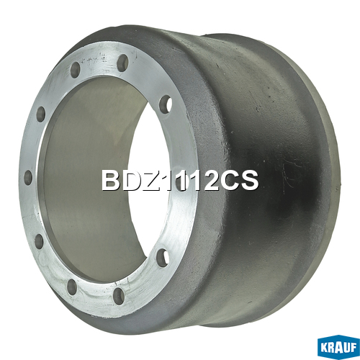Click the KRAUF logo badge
(338, 348)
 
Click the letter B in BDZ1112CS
(110, 181)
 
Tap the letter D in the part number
(130, 181)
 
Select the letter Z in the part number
(149, 181)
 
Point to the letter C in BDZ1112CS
(229, 181)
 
